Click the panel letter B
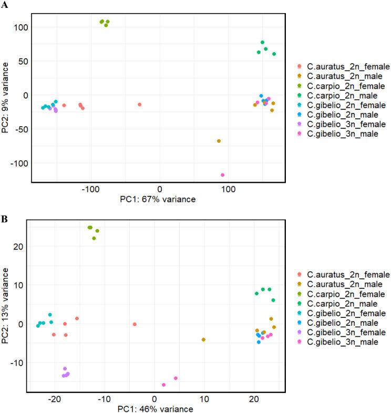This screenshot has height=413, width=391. pos(4,215)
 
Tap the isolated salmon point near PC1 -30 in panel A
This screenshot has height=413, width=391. pos(139,105)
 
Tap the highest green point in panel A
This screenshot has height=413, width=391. pos(262,43)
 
